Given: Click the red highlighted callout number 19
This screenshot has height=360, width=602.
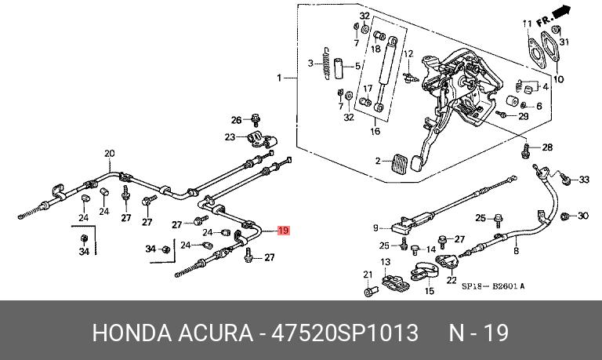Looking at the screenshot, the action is pos(284,231).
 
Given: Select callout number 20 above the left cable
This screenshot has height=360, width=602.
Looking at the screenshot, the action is pos(110,153).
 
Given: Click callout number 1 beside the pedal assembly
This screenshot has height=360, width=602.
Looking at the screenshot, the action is pos(277,78).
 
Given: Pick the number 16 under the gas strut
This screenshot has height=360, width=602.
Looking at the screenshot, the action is pos(375,131).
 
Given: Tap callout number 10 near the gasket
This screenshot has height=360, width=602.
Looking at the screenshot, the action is pos(558,79).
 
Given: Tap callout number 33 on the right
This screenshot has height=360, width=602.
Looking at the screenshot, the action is pos(584,180).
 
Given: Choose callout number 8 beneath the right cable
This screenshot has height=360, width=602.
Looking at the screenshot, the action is pos(516,251).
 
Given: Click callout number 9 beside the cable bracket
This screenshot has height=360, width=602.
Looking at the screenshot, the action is pos(376,228).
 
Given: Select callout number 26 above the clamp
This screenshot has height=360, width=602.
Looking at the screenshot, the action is pos(236,120).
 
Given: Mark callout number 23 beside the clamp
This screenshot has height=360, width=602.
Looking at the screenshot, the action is pos(230,137).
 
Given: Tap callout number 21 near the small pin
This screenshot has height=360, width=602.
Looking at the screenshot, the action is pos(366,274).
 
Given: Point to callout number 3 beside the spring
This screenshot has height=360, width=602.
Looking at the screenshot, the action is pos(310,64).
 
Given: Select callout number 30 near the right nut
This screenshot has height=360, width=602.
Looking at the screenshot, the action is pos(582,215).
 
